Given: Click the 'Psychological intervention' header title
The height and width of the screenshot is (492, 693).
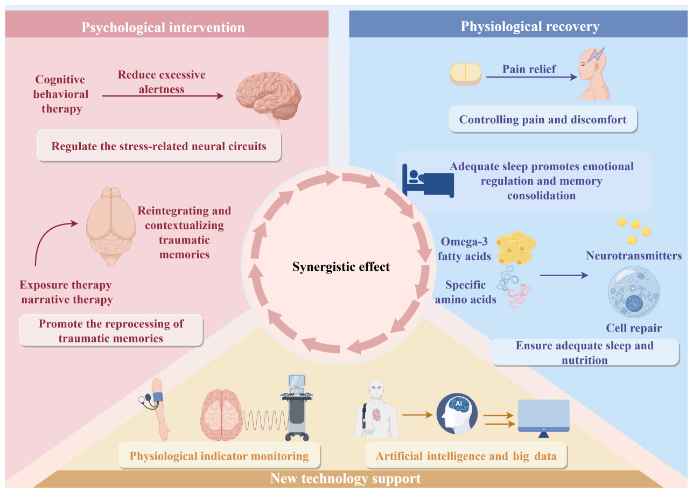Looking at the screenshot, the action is pos(163,27).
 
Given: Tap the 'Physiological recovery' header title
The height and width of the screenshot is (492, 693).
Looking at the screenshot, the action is pos(530,26).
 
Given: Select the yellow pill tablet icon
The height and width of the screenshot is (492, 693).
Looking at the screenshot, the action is pos(465,74).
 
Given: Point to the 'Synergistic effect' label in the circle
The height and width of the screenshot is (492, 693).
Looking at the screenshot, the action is pos(341,266).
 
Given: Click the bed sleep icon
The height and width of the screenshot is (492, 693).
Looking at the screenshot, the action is pos(428,180).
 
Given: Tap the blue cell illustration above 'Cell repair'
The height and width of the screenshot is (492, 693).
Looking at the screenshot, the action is pos(634,292).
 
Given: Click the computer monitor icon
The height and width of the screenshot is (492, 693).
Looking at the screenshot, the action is pos(543,418).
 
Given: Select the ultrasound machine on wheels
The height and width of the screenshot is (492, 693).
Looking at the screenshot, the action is pos(296,407).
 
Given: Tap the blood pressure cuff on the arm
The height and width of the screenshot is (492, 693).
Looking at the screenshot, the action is pos(158,397).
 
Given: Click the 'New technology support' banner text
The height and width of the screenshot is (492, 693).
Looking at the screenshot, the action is pos(345,479).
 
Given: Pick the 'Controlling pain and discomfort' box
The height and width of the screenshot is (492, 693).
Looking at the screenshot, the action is pos(543,120).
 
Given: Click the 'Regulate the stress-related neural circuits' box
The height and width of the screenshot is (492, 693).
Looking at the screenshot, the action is pos(159,146).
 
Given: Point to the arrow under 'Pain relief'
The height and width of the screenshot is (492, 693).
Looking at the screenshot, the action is pos(531,77).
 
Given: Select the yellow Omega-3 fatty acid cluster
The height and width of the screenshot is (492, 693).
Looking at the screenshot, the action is pos(516,248).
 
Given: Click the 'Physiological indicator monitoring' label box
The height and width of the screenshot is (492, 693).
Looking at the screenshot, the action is pos(219,456).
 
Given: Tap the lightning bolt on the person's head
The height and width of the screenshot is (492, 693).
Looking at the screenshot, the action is pos(596,55).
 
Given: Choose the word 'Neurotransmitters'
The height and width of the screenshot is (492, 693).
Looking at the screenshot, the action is pos(634,256).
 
